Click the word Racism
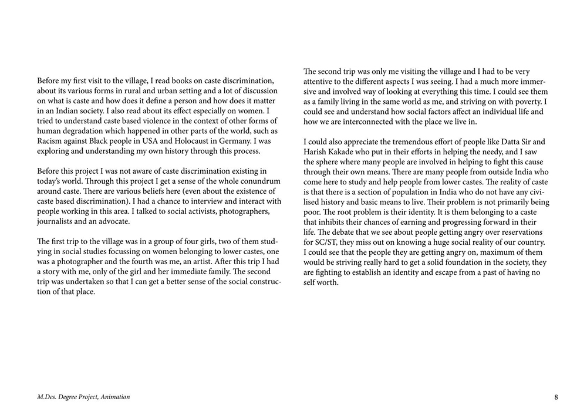[x=50, y=140]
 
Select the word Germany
[x=228, y=140]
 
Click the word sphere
[x=332, y=161]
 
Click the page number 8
[x=556, y=397]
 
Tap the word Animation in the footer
[x=115, y=397]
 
